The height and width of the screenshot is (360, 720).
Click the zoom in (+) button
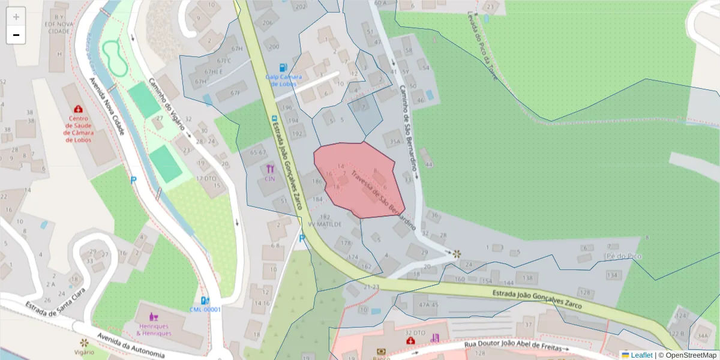(16, 17)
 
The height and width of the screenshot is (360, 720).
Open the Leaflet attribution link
(641, 355)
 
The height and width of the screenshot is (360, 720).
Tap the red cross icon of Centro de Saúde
(78, 109)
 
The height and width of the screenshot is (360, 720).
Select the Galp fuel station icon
(283, 68)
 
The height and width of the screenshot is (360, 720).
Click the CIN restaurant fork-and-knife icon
(270, 169)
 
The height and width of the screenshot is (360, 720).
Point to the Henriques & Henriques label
(154, 329)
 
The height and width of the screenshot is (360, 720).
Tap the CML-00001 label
(205, 310)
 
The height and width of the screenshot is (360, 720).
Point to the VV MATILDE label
(325, 224)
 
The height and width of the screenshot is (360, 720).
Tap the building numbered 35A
(394, 142)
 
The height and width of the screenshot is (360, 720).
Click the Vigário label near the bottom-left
(84, 352)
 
